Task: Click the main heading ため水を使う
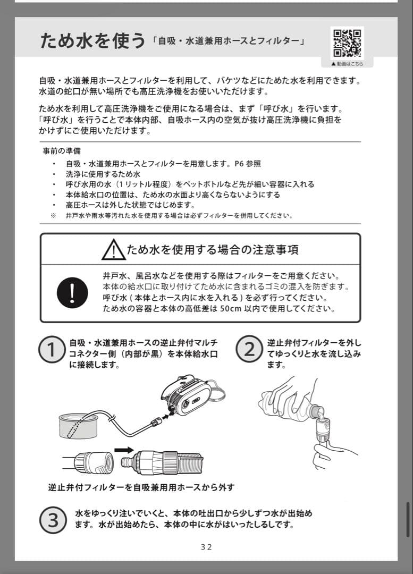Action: click(x=92, y=41)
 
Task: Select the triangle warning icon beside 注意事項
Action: click(x=113, y=249)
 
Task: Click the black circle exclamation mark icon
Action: click(x=72, y=292)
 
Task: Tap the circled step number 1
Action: click(x=52, y=350)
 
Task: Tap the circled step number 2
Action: click(x=249, y=350)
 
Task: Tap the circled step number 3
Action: click(x=54, y=520)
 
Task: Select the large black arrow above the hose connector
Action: click(x=124, y=450)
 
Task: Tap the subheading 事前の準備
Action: click(x=61, y=151)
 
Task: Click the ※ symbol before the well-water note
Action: click(x=53, y=216)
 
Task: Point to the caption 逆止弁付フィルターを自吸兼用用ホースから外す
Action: click(x=141, y=487)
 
